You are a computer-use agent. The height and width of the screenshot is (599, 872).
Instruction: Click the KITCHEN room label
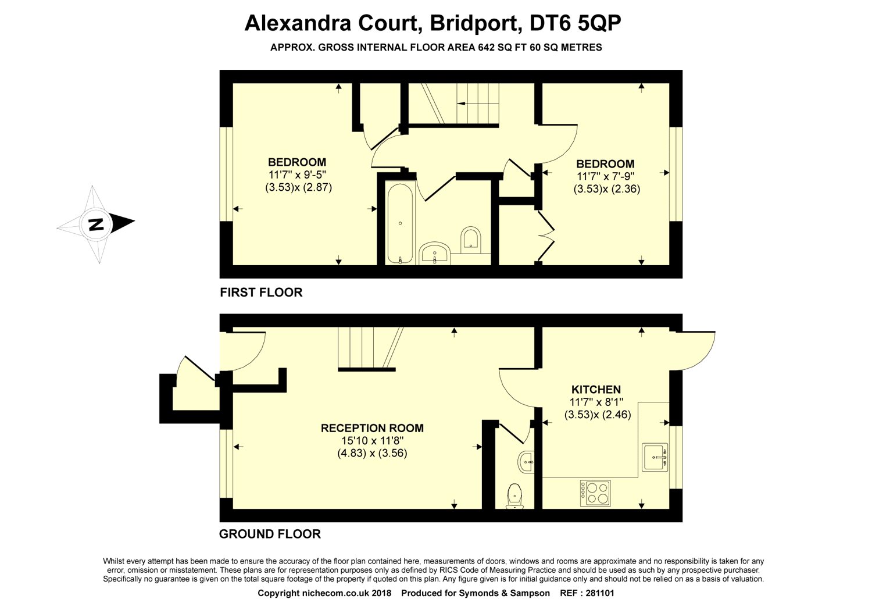tap(596, 389)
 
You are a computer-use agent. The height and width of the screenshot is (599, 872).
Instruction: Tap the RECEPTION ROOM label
tap(372, 428)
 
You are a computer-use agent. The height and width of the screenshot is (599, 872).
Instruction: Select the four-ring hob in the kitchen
tap(595, 493)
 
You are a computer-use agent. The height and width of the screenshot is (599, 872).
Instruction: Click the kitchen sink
tap(655, 457)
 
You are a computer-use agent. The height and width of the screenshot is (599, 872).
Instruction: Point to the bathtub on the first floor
tap(400, 223)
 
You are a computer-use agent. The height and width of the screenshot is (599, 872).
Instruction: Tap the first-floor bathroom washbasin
tap(435, 254)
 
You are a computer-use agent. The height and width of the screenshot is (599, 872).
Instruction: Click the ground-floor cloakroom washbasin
tap(526, 462)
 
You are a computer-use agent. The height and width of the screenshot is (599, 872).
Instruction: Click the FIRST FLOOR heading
tap(261, 292)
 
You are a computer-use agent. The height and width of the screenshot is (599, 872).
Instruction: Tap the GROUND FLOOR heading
tap(270, 533)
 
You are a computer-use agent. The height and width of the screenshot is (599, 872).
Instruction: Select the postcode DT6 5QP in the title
tap(576, 23)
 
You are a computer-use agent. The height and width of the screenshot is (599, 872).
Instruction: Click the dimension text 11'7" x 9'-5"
tap(297, 174)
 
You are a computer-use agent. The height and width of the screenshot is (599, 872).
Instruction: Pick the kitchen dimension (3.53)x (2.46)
tap(598, 415)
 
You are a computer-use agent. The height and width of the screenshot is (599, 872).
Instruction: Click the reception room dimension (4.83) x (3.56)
tap(372, 454)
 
